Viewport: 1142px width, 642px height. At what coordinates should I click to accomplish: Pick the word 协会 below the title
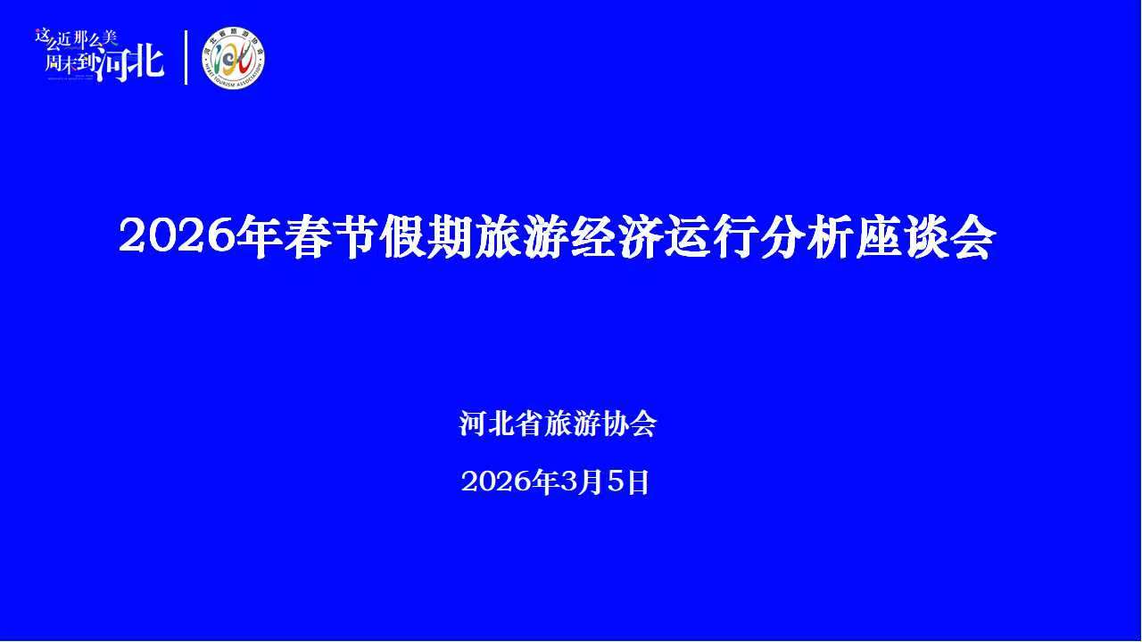coord(630,424)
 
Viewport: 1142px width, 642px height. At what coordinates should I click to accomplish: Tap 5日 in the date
coord(628,482)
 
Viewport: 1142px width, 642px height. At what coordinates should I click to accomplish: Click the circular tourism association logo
coord(234,58)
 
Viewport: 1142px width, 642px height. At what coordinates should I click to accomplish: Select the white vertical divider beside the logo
coord(186,58)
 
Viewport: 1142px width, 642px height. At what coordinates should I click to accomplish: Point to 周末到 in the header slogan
coord(70,65)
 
